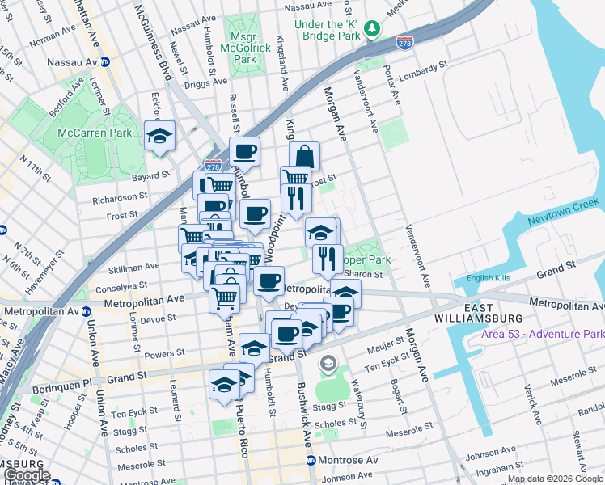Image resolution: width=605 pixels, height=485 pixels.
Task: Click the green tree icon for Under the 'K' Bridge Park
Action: click(x=372, y=28)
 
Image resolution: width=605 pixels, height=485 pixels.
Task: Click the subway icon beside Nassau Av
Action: click(x=105, y=61)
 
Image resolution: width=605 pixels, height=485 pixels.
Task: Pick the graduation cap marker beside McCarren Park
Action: click(x=159, y=135)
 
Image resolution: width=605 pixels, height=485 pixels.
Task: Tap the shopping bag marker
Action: click(x=304, y=155)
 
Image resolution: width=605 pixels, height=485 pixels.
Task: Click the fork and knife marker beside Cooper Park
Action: click(x=328, y=259)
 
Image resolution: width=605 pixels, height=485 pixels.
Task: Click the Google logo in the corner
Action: click(x=26, y=476)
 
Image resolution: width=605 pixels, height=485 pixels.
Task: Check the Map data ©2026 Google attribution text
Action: click(x=553, y=479)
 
